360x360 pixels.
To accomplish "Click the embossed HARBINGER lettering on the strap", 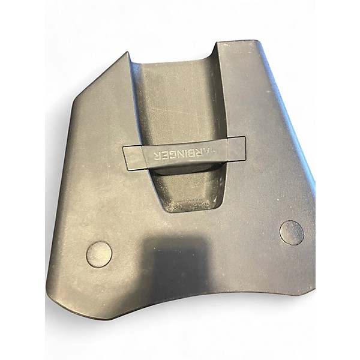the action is (x=185, y=154).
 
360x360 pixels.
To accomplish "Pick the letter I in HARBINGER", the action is (x=185, y=155).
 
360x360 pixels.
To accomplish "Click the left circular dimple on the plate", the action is (x=99, y=254).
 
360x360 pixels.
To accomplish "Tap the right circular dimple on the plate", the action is (x=292, y=233).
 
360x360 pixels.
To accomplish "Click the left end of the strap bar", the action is (x=125, y=158).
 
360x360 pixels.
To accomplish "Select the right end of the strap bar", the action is (x=244, y=148).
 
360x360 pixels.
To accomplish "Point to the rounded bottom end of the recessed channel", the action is (x=193, y=208).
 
